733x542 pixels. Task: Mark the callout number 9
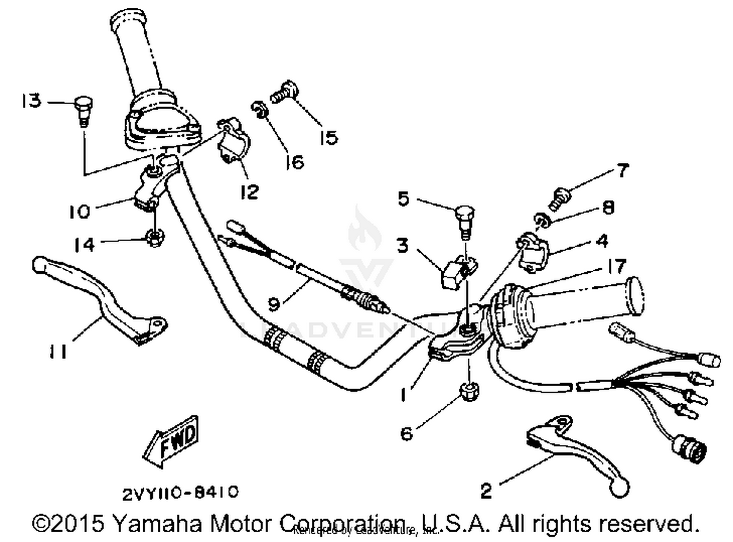275,304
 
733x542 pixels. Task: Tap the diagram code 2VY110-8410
180,493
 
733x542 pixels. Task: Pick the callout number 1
404,394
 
